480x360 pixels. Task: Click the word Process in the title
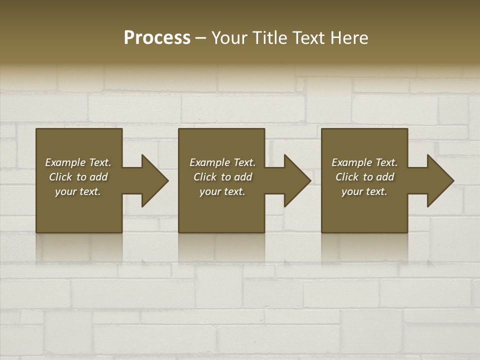157,38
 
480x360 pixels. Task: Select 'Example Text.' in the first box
78,162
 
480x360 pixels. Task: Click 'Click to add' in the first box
78,177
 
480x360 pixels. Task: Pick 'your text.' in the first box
78,191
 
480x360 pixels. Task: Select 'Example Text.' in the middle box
222,162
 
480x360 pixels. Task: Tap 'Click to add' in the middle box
222,177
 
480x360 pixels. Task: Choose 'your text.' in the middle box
222,191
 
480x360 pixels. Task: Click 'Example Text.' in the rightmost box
364,162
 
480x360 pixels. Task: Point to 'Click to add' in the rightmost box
364,177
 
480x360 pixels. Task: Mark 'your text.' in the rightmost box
364,191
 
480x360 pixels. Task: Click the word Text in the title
309,38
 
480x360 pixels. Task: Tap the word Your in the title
229,38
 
